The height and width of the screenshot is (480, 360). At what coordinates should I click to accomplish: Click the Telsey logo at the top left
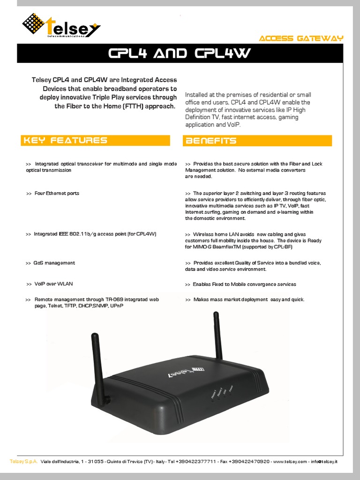[x=60, y=26]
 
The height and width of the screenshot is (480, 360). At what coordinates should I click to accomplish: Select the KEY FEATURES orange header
[x=66, y=140]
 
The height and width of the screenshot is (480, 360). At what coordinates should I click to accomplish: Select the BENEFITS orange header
[x=211, y=141]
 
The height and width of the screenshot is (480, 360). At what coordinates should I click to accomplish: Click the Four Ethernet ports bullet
[x=53, y=193]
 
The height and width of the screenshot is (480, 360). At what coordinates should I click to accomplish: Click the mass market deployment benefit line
[x=245, y=299]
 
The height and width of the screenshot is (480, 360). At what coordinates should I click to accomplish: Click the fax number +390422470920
[x=251, y=462]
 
